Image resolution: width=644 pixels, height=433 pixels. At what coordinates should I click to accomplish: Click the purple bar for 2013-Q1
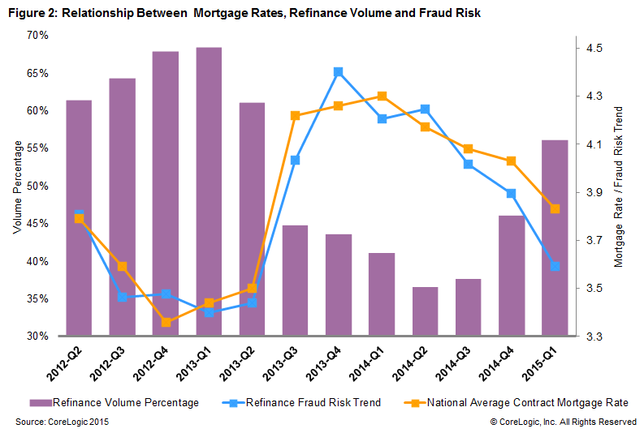209,191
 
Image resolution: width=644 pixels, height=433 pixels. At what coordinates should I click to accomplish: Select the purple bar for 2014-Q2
425,311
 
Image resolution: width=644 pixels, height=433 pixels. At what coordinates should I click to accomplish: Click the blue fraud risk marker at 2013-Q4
339,72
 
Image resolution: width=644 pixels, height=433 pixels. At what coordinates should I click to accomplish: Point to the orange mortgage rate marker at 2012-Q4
166,322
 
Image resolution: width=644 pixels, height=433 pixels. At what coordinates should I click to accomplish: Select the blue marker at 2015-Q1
555,266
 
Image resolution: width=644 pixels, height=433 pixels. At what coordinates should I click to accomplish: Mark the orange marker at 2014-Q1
382,96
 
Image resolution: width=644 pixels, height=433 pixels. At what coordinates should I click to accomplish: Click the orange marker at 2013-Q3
296,115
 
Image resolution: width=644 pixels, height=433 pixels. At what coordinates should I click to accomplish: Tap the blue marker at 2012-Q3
122,297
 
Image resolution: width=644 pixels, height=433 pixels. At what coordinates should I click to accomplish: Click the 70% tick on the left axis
37,36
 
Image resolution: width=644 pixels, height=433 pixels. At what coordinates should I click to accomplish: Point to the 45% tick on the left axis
37,224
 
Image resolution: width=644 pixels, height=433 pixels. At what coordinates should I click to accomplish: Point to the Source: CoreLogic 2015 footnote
63,422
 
